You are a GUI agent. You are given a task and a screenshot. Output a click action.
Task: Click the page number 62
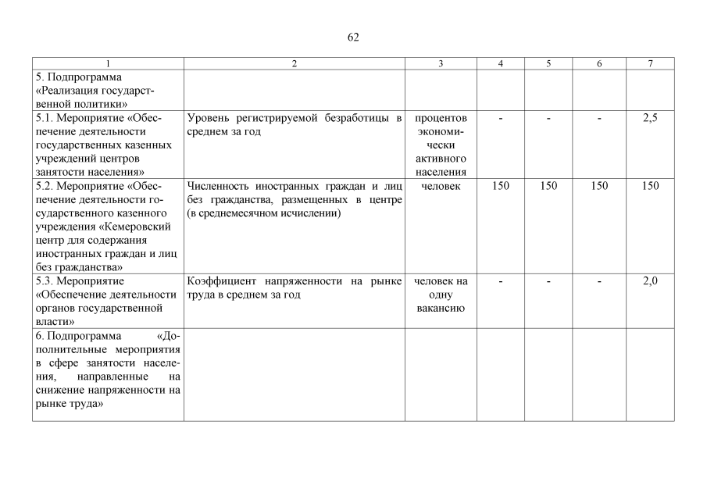point(353,37)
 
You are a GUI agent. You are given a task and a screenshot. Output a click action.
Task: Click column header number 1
point(108,64)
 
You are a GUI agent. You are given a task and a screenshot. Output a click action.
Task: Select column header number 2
point(294,64)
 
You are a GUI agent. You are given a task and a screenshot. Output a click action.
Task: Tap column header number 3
point(441,64)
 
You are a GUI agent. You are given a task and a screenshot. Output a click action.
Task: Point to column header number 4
point(501,64)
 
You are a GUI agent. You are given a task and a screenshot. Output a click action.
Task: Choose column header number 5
point(548,64)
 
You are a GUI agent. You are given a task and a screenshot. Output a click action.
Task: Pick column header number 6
point(599,64)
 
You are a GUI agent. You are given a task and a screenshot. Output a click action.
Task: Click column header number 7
point(650,64)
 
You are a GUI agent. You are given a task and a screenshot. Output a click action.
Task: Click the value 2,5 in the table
point(650,118)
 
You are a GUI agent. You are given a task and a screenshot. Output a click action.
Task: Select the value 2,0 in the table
point(650,281)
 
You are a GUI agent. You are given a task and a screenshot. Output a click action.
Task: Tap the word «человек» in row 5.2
point(441,186)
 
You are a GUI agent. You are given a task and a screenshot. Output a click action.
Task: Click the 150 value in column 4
point(501,186)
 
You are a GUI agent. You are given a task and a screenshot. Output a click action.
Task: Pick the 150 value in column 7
point(650,186)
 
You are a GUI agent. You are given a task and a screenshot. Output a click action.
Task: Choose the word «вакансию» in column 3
point(441,309)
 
